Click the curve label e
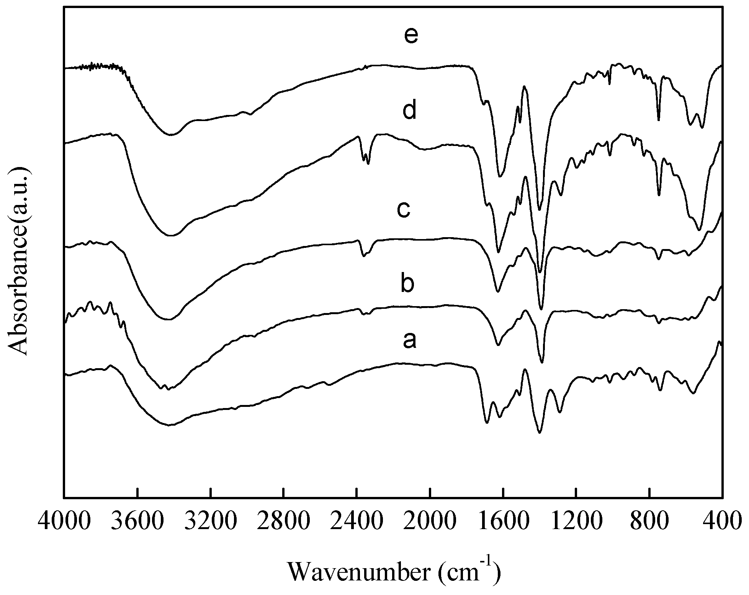click(411, 37)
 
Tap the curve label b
click(407, 284)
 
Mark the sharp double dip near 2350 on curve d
click(366, 157)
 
